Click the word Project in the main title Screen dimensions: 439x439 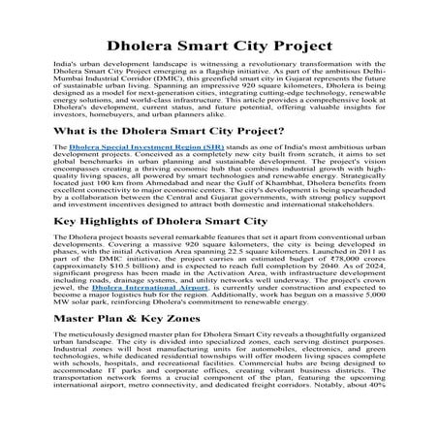(292, 45)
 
